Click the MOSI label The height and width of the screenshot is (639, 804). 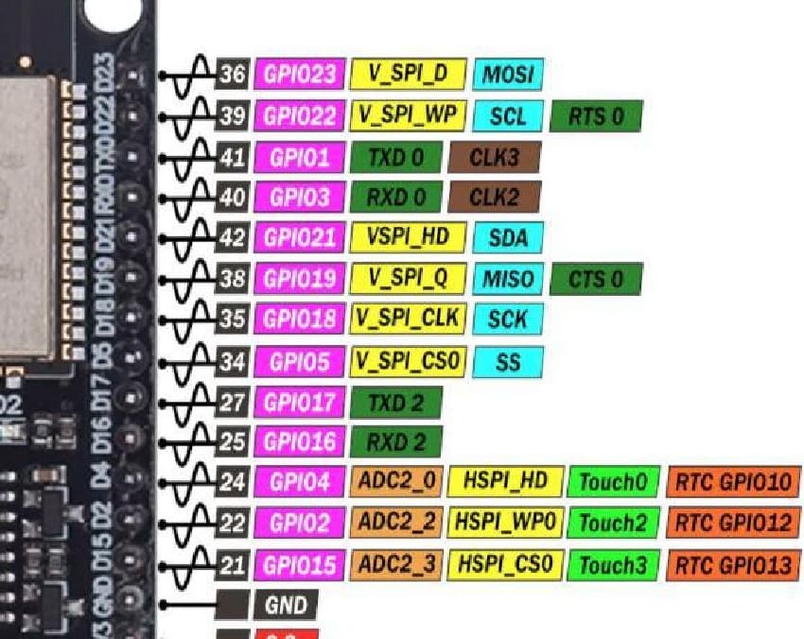(508, 74)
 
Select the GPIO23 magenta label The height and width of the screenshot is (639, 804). (299, 74)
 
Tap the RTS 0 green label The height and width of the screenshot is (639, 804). (596, 116)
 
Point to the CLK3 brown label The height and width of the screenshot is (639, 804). (495, 157)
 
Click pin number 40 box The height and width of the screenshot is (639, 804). (233, 198)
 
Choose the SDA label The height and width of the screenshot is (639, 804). (508, 237)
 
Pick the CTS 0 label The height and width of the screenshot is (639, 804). (596, 279)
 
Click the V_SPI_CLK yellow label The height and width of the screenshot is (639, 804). (408, 319)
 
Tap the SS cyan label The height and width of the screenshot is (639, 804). (508, 362)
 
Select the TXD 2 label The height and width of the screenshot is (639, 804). (395, 403)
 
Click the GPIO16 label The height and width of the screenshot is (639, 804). (299, 441)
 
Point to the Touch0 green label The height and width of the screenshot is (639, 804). (612, 482)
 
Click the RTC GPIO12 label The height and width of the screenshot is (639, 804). (733, 522)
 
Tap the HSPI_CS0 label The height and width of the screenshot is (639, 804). (505, 565)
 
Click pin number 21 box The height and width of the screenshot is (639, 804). (233, 565)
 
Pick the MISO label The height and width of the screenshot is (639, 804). (508, 279)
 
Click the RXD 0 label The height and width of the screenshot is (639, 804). (395, 198)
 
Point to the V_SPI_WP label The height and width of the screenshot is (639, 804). (408, 115)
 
